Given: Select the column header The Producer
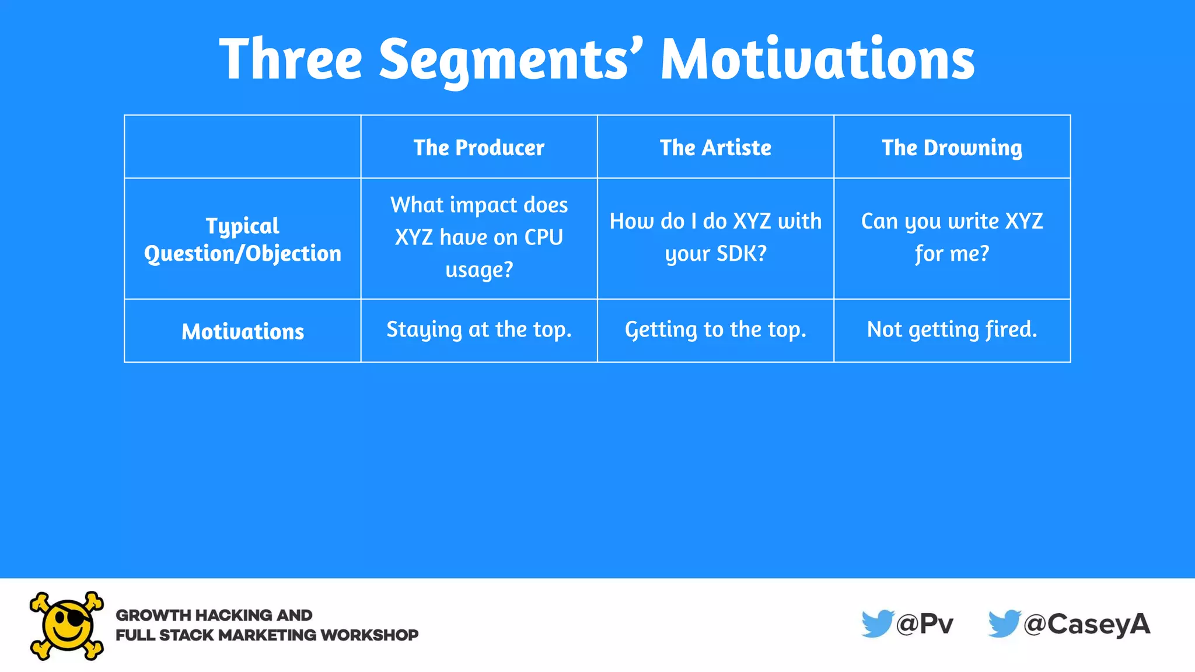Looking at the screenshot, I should coord(478,148).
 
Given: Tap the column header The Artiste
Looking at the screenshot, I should coord(715,148).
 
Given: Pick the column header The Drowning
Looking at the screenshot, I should coord(952,148).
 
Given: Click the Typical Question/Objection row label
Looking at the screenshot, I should coord(243,239).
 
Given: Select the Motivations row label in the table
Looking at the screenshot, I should coord(243,331).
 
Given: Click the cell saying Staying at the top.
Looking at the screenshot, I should coord(478,330).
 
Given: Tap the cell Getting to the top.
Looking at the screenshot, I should coord(715,330).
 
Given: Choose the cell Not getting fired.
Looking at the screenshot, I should coord(952,330).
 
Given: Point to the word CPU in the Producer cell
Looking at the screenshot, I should coord(543,237).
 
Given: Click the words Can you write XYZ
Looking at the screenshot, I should coord(952,221).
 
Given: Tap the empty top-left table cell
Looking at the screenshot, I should coord(243,146).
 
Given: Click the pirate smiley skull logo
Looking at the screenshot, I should coord(67,625).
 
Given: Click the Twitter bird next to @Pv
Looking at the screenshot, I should coord(877,624).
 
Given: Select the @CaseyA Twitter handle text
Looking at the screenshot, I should coord(1086,624).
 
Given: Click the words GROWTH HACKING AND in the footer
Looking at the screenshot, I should coord(214,615).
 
